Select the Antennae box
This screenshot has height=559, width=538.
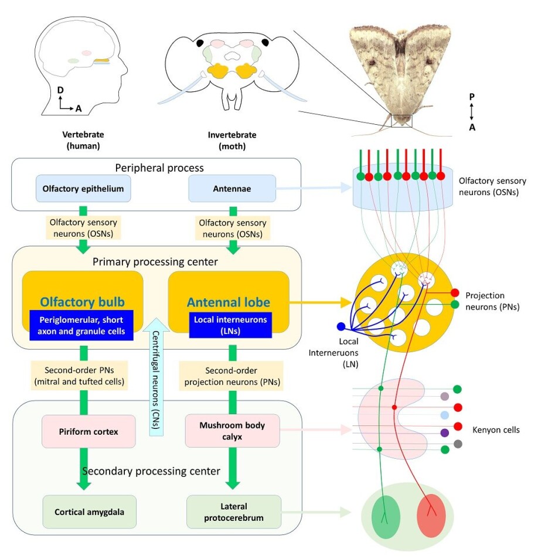click(232, 189)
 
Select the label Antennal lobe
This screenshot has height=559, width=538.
click(228, 302)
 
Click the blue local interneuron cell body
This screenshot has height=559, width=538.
click(341, 326)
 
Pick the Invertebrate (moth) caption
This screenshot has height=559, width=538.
click(232, 139)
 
